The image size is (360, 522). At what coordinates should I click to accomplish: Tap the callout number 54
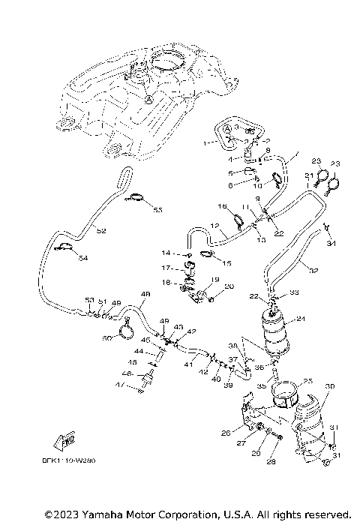(x=82, y=258)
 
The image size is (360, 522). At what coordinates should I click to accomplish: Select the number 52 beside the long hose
(x=101, y=231)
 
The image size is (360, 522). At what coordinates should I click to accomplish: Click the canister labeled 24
(x=278, y=331)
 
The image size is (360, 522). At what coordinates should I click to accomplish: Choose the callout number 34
(x=332, y=243)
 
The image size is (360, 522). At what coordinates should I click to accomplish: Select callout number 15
(x=228, y=263)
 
